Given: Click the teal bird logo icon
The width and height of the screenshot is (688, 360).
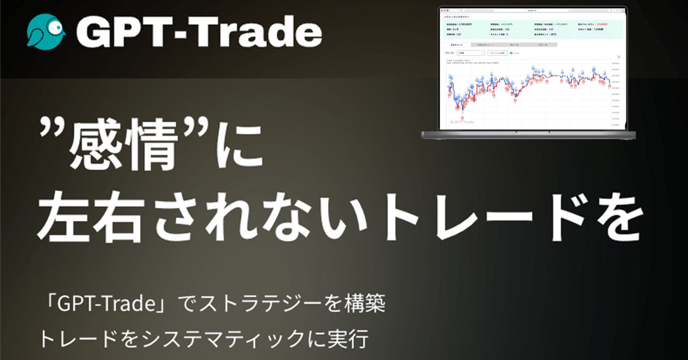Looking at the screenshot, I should (47, 32).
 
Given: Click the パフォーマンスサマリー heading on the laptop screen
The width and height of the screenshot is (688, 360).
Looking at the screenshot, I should (457, 17).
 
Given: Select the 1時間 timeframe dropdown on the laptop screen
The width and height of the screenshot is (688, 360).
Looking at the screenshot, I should (471, 53).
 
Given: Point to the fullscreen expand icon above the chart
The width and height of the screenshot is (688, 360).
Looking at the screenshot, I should (619, 57).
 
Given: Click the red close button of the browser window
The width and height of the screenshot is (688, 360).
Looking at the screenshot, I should (442, 10).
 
